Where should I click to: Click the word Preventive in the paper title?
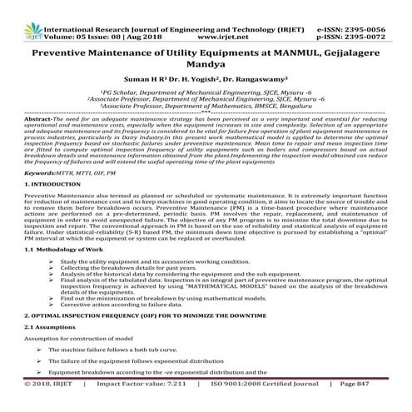65,54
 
